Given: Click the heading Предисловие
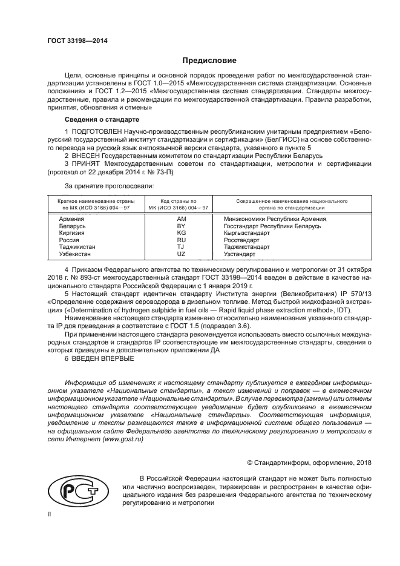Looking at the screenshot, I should click(209, 61).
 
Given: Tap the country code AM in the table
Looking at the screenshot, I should click(181, 218).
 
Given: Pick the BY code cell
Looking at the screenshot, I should click(181, 226).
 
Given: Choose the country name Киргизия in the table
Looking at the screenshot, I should click(72, 233).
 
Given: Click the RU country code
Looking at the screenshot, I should click(181, 240).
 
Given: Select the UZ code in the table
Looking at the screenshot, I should click(181, 254).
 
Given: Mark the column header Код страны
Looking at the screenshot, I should click(179, 200).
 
